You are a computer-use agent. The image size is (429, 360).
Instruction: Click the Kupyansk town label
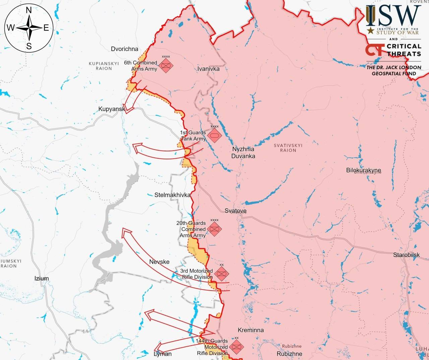coord(111,109)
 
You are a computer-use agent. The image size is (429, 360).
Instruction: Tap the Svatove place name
coord(235,211)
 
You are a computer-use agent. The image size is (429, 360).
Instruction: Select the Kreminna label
coord(251,330)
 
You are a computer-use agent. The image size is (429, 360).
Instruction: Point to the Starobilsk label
coord(406,255)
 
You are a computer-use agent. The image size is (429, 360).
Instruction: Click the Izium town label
coord(42,278)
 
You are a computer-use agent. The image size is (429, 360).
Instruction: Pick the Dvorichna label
coord(124,49)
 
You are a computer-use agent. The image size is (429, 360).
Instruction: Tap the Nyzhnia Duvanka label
coord(243,152)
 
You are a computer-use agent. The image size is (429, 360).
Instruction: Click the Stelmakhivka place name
coord(172,195)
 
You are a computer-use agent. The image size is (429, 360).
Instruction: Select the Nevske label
coord(159,262)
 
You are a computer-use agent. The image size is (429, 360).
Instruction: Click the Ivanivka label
coord(208,69)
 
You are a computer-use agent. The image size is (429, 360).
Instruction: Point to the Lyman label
coord(163,354)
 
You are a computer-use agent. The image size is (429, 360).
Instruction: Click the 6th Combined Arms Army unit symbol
coord(166,65)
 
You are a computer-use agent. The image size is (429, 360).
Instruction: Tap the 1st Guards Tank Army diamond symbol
coord(214,136)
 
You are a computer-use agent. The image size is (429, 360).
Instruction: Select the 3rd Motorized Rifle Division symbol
coord(221,274)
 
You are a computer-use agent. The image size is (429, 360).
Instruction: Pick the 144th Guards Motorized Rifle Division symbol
coord(236,347)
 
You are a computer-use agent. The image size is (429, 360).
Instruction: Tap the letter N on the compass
coord(29,11)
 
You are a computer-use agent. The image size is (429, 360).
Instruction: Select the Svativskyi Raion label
coord(288,148)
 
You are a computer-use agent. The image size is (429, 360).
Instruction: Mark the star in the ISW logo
coord(370,31)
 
